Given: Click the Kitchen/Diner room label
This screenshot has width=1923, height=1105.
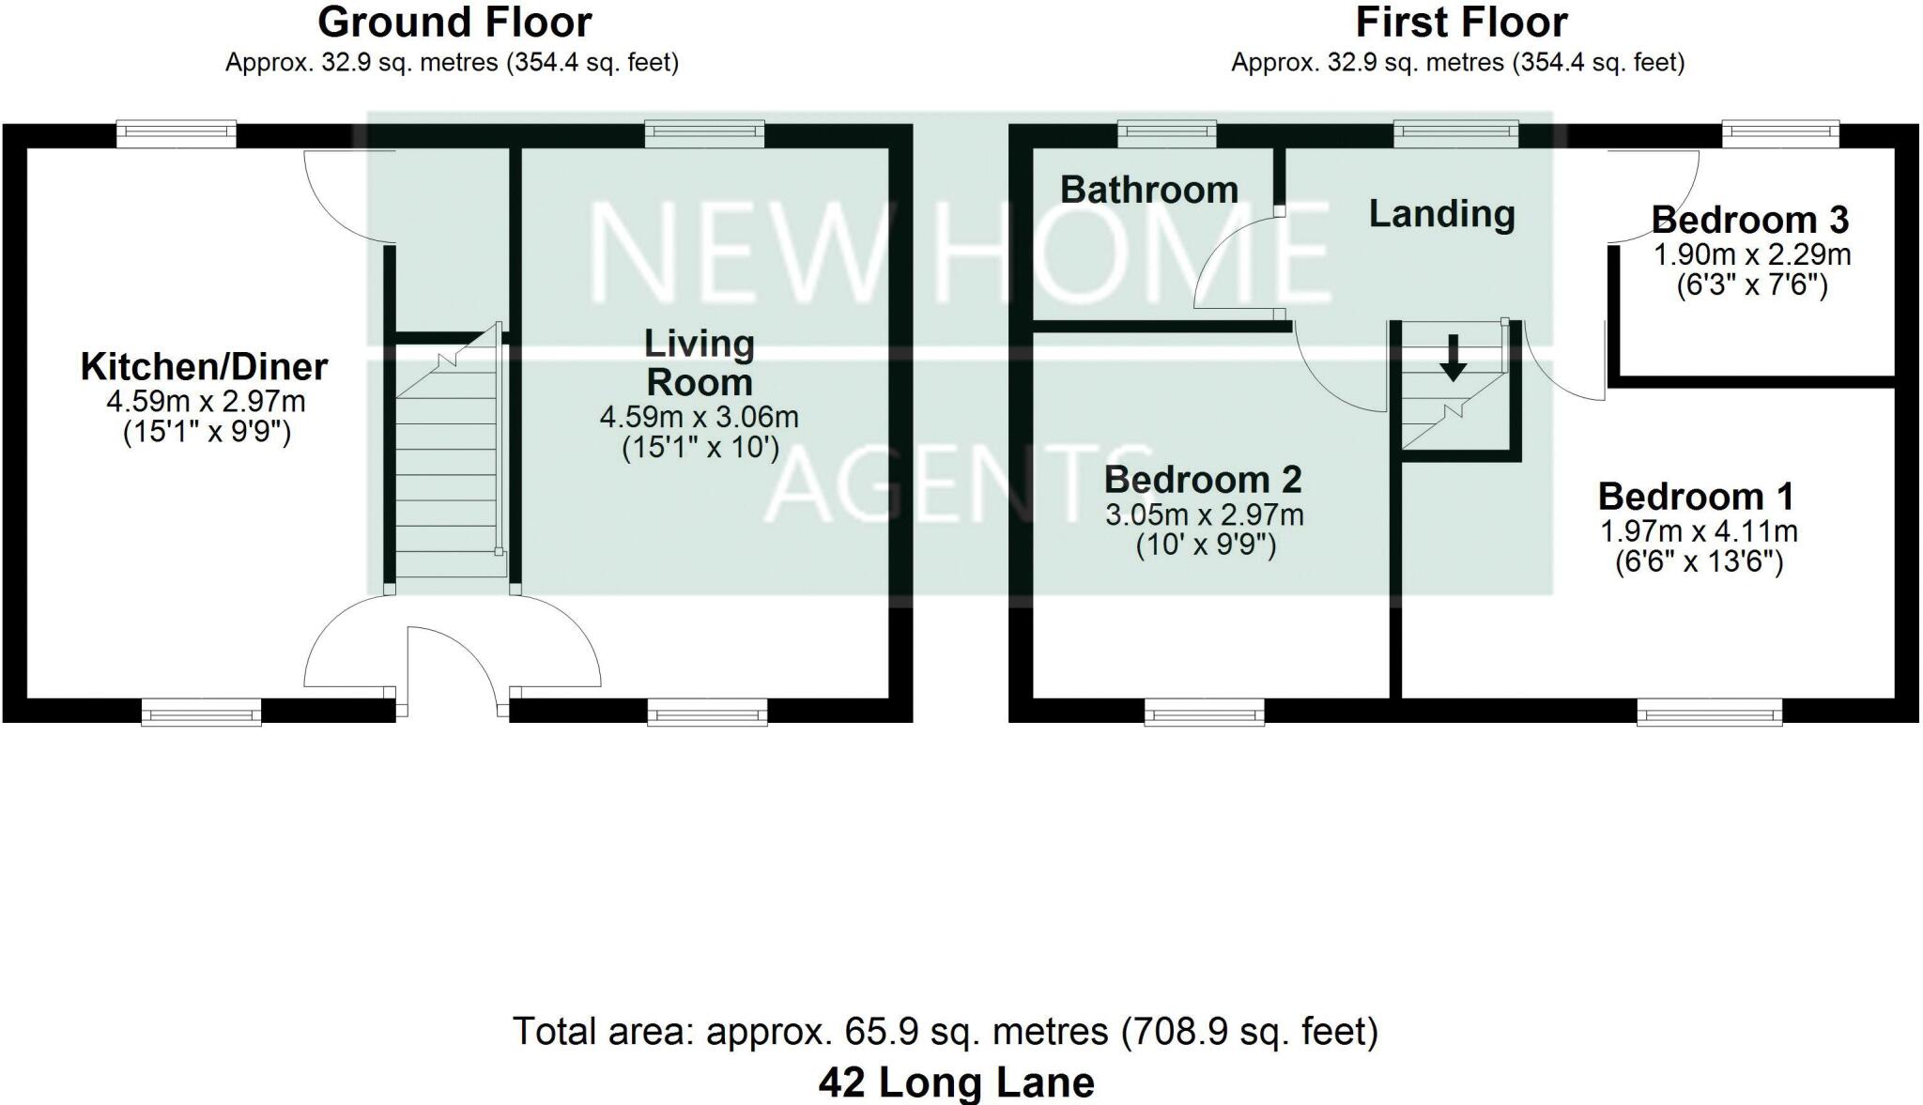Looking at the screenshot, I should (x=204, y=367).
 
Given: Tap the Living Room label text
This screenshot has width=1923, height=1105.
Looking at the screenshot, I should (x=699, y=363).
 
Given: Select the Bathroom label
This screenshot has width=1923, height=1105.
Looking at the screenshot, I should (x=1149, y=191).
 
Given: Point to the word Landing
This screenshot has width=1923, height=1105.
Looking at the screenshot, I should (x=1441, y=214).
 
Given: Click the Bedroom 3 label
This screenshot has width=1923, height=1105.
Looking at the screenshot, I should (x=1749, y=221).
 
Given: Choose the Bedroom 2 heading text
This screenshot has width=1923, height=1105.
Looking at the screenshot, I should (x=1202, y=480).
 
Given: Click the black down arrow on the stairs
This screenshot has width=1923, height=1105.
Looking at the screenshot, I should (x=1453, y=358).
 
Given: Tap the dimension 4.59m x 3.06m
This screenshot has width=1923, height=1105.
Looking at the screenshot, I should (x=699, y=417).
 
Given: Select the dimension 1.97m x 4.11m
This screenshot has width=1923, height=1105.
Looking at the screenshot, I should (x=1698, y=532).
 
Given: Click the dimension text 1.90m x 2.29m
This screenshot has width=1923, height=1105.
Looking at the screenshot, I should (x=1751, y=254).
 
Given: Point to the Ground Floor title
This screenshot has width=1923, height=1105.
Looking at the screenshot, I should (x=454, y=23).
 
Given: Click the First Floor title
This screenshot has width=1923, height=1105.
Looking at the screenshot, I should (x=1461, y=23).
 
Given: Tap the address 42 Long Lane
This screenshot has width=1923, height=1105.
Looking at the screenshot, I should (x=956, y=1082).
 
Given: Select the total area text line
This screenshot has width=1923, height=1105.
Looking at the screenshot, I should (x=945, y=1032).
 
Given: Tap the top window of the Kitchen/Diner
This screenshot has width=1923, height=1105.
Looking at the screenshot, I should (x=176, y=134).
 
